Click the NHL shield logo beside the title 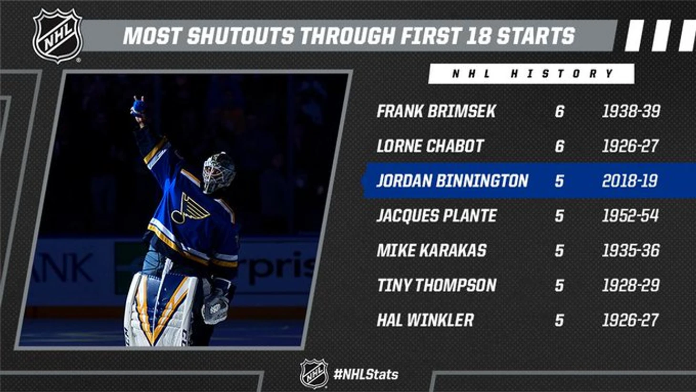tap(58, 35)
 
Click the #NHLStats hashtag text tap(366, 374)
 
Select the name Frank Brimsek tap(436, 111)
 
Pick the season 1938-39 tap(631, 111)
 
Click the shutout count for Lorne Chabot tap(559, 146)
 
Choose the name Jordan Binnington tap(452, 181)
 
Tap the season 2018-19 tap(630, 181)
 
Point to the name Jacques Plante tap(437, 216)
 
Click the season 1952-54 tap(630, 216)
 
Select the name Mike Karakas tap(431, 250)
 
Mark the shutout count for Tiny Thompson tap(559, 285)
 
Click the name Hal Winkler tap(425, 320)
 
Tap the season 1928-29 tap(631, 285)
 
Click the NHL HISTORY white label tap(532, 74)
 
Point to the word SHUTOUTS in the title tap(241, 36)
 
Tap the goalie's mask tap(218, 173)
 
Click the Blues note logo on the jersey tap(190, 208)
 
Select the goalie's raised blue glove tap(138, 106)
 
